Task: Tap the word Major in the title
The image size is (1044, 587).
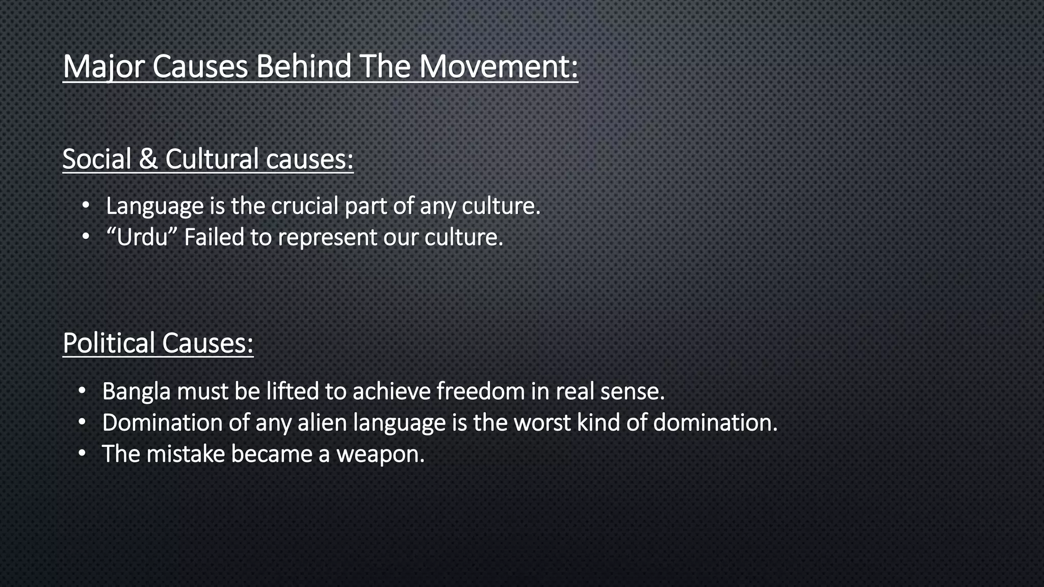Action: (104, 67)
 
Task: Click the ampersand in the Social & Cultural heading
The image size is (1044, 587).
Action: (148, 158)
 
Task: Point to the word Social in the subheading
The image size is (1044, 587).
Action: (97, 158)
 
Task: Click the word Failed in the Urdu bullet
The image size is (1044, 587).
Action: (214, 237)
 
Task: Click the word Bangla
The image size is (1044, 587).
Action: (136, 392)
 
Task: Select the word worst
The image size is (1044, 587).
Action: (542, 423)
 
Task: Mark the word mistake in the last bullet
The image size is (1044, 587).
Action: (186, 454)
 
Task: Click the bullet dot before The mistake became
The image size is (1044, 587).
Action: (82, 453)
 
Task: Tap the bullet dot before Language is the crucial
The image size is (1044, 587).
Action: (86, 205)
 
